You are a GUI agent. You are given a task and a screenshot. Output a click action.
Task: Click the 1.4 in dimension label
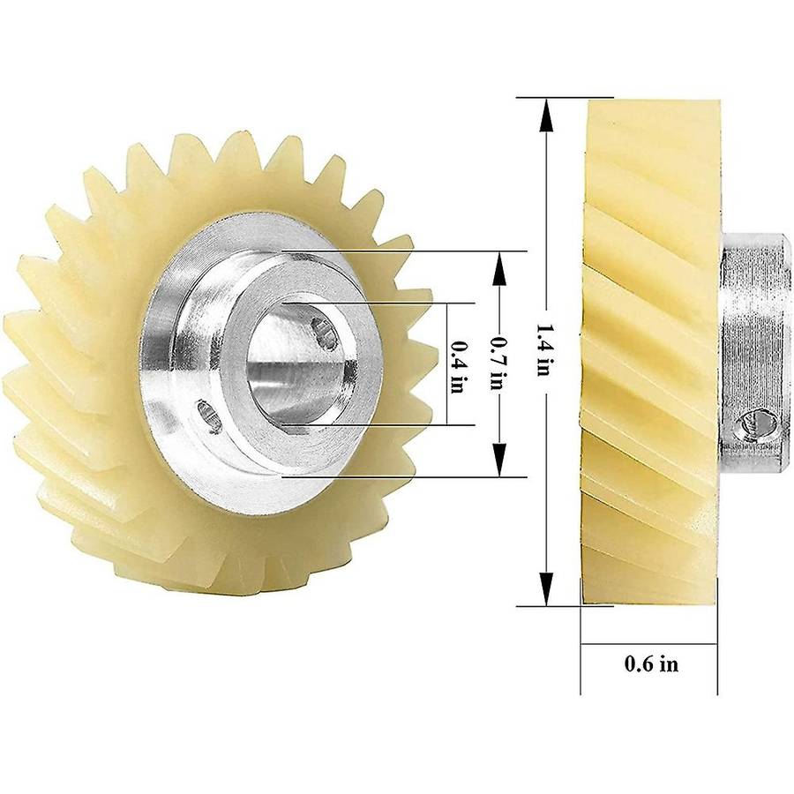pyautogui.click(x=543, y=350)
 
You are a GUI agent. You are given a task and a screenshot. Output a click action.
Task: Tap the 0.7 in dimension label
pyautogui.click(x=498, y=363)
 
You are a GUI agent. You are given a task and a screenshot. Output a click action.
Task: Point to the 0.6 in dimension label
pyautogui.click(x=651, y=663)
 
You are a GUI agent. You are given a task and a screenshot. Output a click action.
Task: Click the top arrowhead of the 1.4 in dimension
pyautogui.click(x=546, y=116)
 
